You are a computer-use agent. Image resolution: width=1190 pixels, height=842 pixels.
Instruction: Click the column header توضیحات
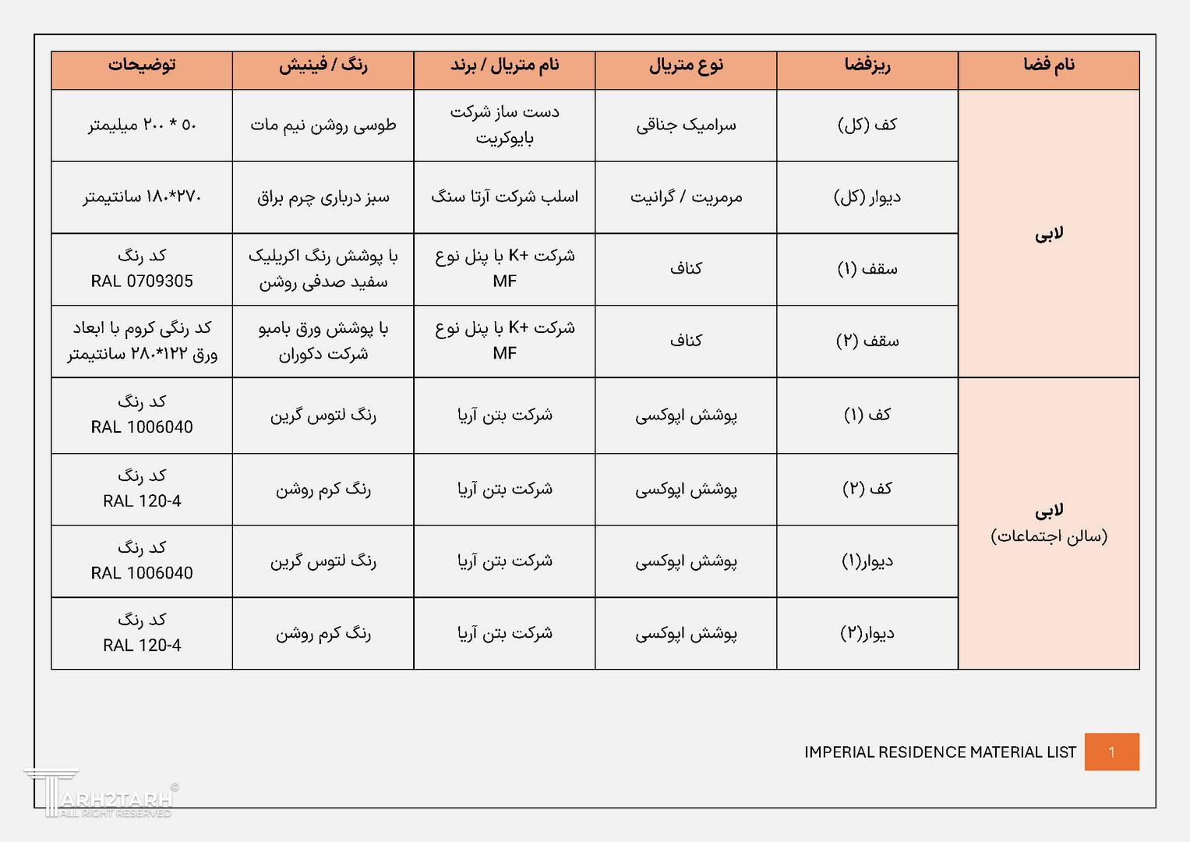tap(142, 65)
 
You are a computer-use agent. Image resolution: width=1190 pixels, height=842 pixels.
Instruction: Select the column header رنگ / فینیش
tap(323, 65)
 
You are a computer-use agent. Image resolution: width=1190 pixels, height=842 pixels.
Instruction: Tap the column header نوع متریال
tap(686, 65)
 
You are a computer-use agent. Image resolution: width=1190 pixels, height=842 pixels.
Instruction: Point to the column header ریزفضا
tap(867, 65)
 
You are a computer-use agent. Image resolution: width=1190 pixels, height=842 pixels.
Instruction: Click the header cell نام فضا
tap(1049, 65)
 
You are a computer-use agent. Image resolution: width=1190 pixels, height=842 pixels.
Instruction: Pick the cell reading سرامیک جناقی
tap(686, 126)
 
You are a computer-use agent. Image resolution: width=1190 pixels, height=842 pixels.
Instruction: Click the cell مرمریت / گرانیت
tap(686, 198)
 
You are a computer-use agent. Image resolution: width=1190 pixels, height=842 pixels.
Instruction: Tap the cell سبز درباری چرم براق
tap(323, 198)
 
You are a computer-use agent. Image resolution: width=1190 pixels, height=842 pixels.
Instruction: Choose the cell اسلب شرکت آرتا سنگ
tap(504, 197)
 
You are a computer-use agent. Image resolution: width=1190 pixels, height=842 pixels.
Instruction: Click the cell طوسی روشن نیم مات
tap(323, 126)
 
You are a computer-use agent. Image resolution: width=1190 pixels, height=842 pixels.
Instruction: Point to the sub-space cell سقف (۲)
tap(867, 341)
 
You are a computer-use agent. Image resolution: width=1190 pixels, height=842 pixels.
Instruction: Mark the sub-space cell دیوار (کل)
tap(867, 197)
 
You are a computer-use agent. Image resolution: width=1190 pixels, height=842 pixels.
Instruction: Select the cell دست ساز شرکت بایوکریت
tap(504, 126)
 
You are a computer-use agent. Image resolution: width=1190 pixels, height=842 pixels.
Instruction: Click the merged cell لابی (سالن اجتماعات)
tap(1049, 523)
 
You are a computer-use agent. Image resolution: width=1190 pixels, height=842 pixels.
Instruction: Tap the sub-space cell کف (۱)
tap(867, 416)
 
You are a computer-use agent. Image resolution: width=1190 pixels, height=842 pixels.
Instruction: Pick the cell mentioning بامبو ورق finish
tap(323, 341)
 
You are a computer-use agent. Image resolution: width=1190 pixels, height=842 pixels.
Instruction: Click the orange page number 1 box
tap(1111, 752)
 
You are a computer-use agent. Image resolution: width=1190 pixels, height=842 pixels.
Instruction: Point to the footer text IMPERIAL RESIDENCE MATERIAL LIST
tap(940, 752)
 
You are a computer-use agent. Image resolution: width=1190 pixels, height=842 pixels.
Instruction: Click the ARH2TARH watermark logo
tap(101, 795)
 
